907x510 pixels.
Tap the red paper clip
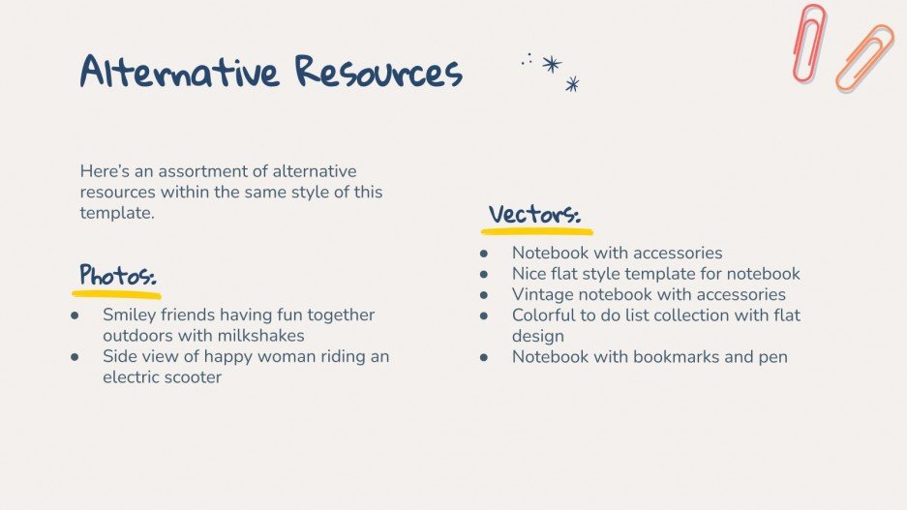(808, 43)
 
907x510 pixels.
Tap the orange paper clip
(863, 58)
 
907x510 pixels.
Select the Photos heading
(117, 274)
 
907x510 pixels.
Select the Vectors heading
(534, 214)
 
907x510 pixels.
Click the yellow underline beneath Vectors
(537, 232)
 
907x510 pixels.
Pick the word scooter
(191, 377)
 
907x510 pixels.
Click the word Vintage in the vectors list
(543, 294)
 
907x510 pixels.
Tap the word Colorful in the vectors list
(547, 315)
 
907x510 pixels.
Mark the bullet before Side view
(75, 356)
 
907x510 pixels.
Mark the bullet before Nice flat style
(484, 274)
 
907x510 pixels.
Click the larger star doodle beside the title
(552, 64)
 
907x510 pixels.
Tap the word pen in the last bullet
(772, 356)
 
